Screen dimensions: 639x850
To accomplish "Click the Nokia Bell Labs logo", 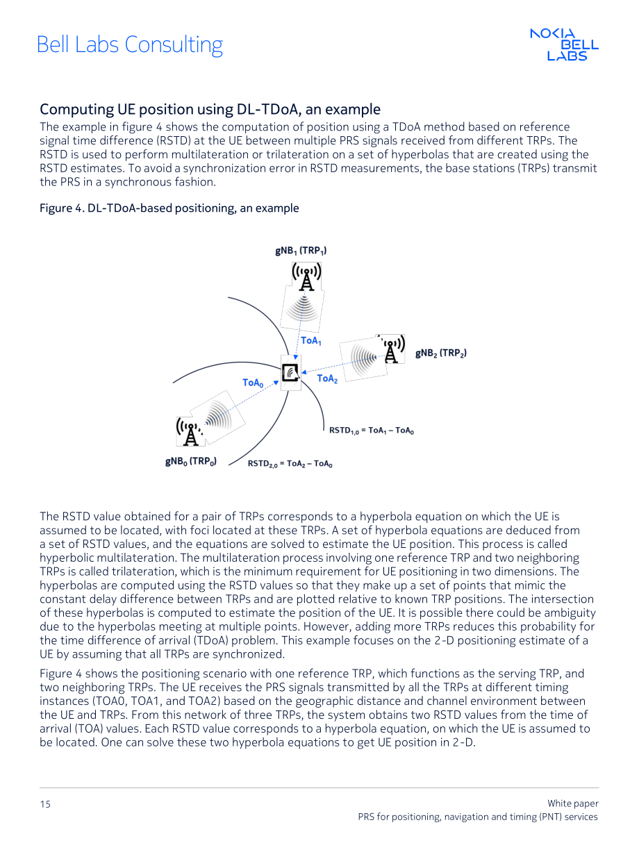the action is [x=564, y=44].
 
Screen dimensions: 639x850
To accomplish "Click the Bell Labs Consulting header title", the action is [x=130, y=45].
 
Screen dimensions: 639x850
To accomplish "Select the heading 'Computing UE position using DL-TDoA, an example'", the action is [x=210, y=110].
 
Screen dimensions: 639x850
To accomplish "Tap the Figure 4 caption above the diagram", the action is [x=169, y=208].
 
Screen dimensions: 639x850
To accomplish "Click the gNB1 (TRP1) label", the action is [x=301, y=251].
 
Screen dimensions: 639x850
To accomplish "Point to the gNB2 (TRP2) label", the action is [x=441, y=353].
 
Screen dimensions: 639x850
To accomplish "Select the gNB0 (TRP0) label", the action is [x=191, y=461].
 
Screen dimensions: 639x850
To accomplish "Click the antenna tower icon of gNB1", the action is [x=306, y=276].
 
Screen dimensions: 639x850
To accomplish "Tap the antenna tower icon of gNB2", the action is [x=392, y=349].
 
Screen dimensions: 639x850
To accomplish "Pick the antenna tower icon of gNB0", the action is [x=189, y=432].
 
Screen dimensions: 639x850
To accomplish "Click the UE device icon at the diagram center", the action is [x=291, y=372].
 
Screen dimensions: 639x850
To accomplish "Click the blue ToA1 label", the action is [x=311, y=341].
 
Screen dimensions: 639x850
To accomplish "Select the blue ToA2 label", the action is [x=327, y=378].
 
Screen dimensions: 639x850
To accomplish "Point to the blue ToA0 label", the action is [x=253, y=383].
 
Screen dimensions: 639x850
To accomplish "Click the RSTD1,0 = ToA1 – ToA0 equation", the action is [x=372, y=431].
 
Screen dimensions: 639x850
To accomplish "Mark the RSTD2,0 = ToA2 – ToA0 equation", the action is [x=290, y=463].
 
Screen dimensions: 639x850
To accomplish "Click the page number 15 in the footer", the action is [x=45, y=804].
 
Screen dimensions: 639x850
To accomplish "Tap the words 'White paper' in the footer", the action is [x=573, y=803].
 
